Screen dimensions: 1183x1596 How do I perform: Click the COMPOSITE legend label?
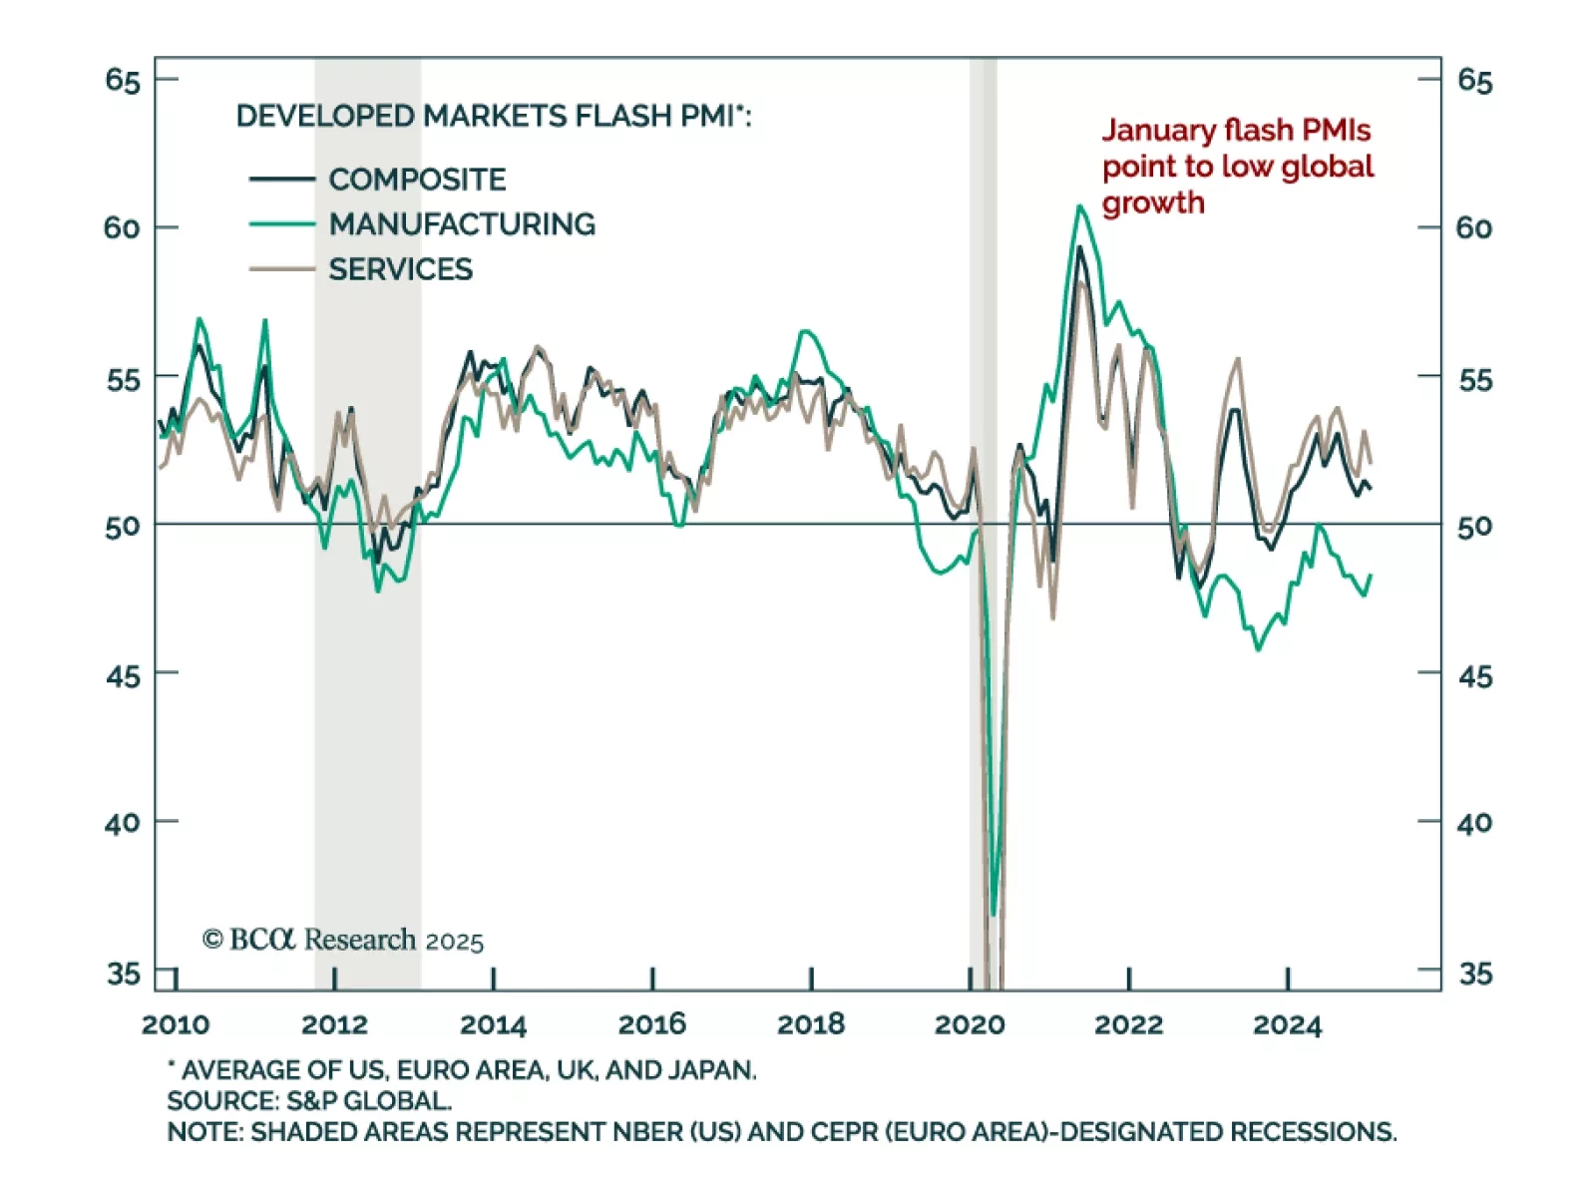[417, 180]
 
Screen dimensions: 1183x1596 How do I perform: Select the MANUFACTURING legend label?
[462, 224]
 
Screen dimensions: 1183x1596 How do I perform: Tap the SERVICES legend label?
[400, 269]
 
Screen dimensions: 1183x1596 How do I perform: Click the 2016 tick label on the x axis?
[651, 1024]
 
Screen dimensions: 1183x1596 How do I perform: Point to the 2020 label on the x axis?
[970, 1024]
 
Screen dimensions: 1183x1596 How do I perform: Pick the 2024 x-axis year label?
[1287, 1024]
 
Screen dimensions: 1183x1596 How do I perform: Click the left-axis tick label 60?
[122, 228]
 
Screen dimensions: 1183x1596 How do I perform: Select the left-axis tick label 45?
[122, 676]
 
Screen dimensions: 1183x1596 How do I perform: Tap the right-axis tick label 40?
[1474, 824]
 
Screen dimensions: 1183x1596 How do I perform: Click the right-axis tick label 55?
[1474, 380]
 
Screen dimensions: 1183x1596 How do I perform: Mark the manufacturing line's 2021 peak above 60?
[1079, 206]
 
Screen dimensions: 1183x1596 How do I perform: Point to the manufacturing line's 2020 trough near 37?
[994, 913]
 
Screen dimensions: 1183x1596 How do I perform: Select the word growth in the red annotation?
[1153, 203]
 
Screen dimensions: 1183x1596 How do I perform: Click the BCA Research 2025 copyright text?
[343, 940]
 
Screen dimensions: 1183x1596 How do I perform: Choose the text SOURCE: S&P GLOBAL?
[309, 1101]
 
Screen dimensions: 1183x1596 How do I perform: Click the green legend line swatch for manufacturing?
[281, 224]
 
